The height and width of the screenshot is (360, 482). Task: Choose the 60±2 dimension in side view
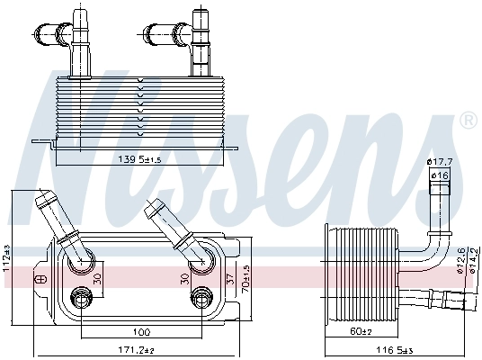click(361, 332)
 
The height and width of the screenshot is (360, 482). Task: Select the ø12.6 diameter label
click(460, 257)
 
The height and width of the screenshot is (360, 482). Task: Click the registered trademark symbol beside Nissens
click(468, 120)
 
